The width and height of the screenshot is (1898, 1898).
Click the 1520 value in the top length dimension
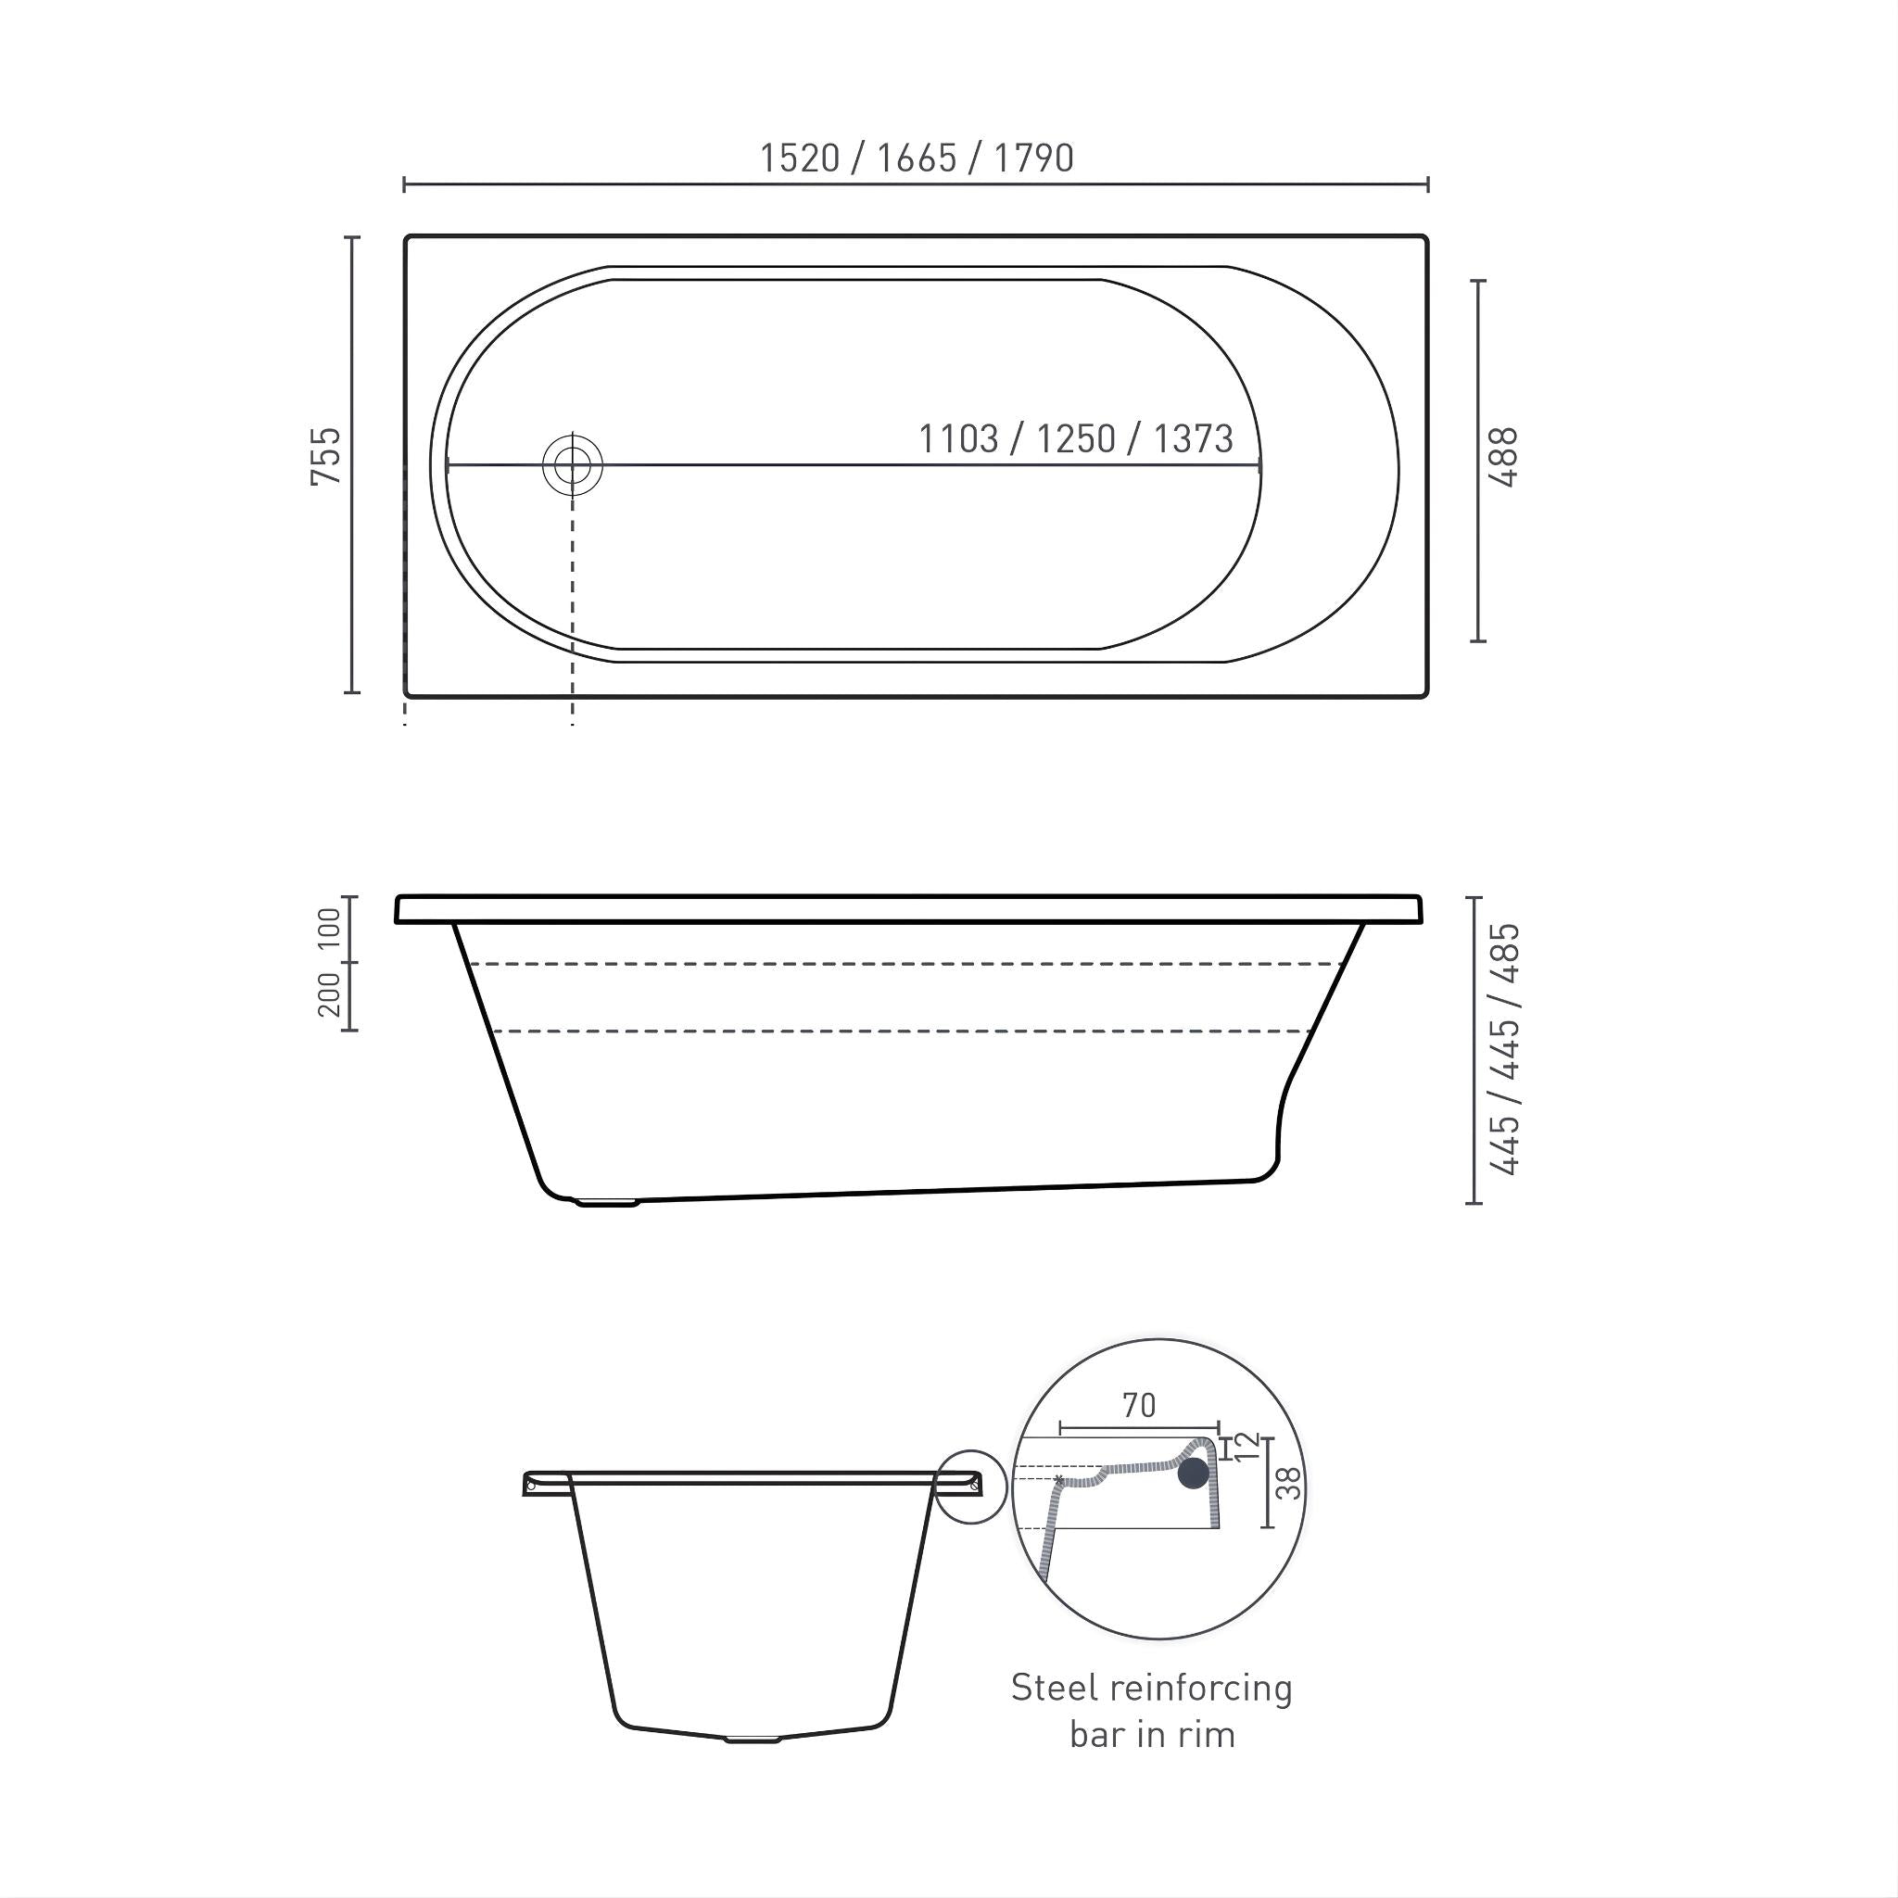[800, 158]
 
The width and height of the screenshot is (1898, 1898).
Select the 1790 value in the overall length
[1033, 158]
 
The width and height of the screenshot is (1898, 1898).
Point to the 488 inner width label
[1503, 458]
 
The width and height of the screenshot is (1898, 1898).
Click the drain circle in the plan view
[573, 465]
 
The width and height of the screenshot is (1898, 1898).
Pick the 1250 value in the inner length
[1076, 438]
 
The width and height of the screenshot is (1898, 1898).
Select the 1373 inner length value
[1193, 438]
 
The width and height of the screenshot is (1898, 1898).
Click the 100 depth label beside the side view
[329, 928]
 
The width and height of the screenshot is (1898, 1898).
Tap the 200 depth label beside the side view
[329, 994]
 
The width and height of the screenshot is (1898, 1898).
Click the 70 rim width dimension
[1140, 1406]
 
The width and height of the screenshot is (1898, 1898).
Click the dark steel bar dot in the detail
[1194, 1473]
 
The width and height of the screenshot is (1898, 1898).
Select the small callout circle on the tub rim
[970, 1487]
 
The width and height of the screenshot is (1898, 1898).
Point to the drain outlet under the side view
[609, 1200]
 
